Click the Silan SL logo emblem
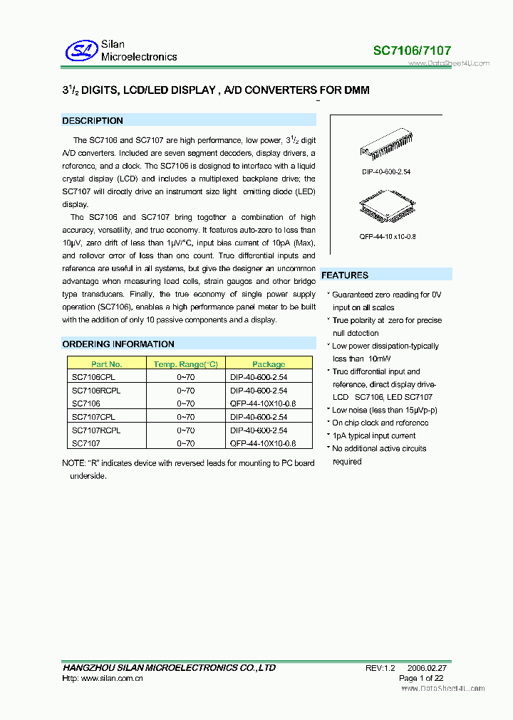[81, 51]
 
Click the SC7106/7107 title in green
[412, 51]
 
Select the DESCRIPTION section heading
[93, 121]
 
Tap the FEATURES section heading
[345, 275]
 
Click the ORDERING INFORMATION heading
[118, 344]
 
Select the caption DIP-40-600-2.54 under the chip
[385, 172]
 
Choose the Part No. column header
[107, 364]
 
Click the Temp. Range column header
[185, 364]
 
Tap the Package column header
[269, 364]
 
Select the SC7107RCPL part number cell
[96, 430]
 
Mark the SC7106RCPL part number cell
[96, 391]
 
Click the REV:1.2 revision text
[380, 668]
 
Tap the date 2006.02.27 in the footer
[427, 668]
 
